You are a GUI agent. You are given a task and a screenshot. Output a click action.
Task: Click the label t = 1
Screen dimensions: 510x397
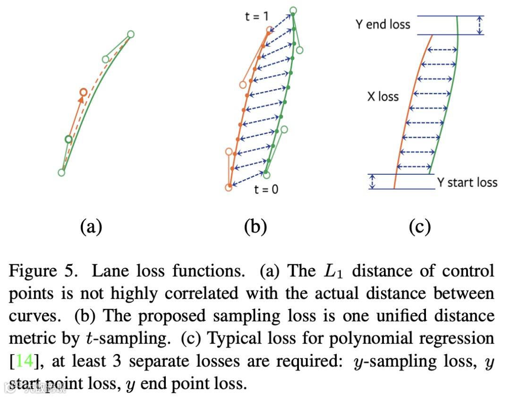[257, 16]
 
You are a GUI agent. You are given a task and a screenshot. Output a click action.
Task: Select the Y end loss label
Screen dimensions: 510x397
[383, 24]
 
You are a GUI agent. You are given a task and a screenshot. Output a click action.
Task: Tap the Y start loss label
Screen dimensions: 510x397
[467, 182]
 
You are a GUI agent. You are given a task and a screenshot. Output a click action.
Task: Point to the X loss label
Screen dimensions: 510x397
[383, 97]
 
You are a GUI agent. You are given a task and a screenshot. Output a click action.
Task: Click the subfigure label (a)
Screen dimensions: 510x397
[91, 227]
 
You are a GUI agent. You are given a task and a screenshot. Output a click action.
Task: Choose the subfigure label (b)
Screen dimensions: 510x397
[255, 227]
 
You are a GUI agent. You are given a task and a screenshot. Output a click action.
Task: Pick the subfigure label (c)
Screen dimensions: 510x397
[419, 227]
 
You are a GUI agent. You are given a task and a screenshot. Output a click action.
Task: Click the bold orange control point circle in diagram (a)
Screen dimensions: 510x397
[83, 93]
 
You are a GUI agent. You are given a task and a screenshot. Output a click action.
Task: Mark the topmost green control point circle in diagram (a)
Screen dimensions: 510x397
[131, 34]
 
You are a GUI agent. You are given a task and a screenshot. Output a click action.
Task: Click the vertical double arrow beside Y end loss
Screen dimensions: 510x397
[480, 25]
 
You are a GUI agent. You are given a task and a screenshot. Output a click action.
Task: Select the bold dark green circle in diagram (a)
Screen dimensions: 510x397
[68, 139]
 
